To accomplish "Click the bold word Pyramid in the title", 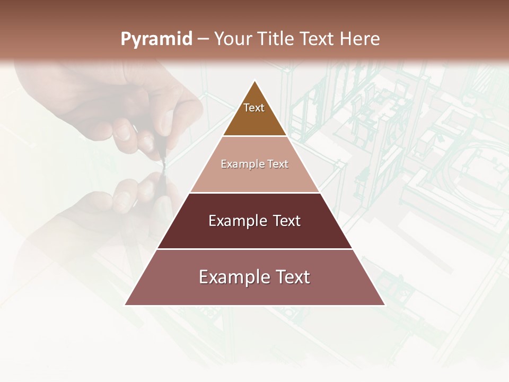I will tap(156, 39).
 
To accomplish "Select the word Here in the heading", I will tap(360, 39).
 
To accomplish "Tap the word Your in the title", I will tap(233, 39).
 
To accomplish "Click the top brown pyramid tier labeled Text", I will tap(254, 114).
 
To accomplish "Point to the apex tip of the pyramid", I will tap(254, 81).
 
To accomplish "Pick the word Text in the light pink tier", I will tap(278, 164).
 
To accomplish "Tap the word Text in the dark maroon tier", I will tap(287, 221).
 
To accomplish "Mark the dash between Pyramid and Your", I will tap(203, 40).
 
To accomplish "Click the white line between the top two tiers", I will tap(254, 136).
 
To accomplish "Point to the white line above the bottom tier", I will tap(254, 249).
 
